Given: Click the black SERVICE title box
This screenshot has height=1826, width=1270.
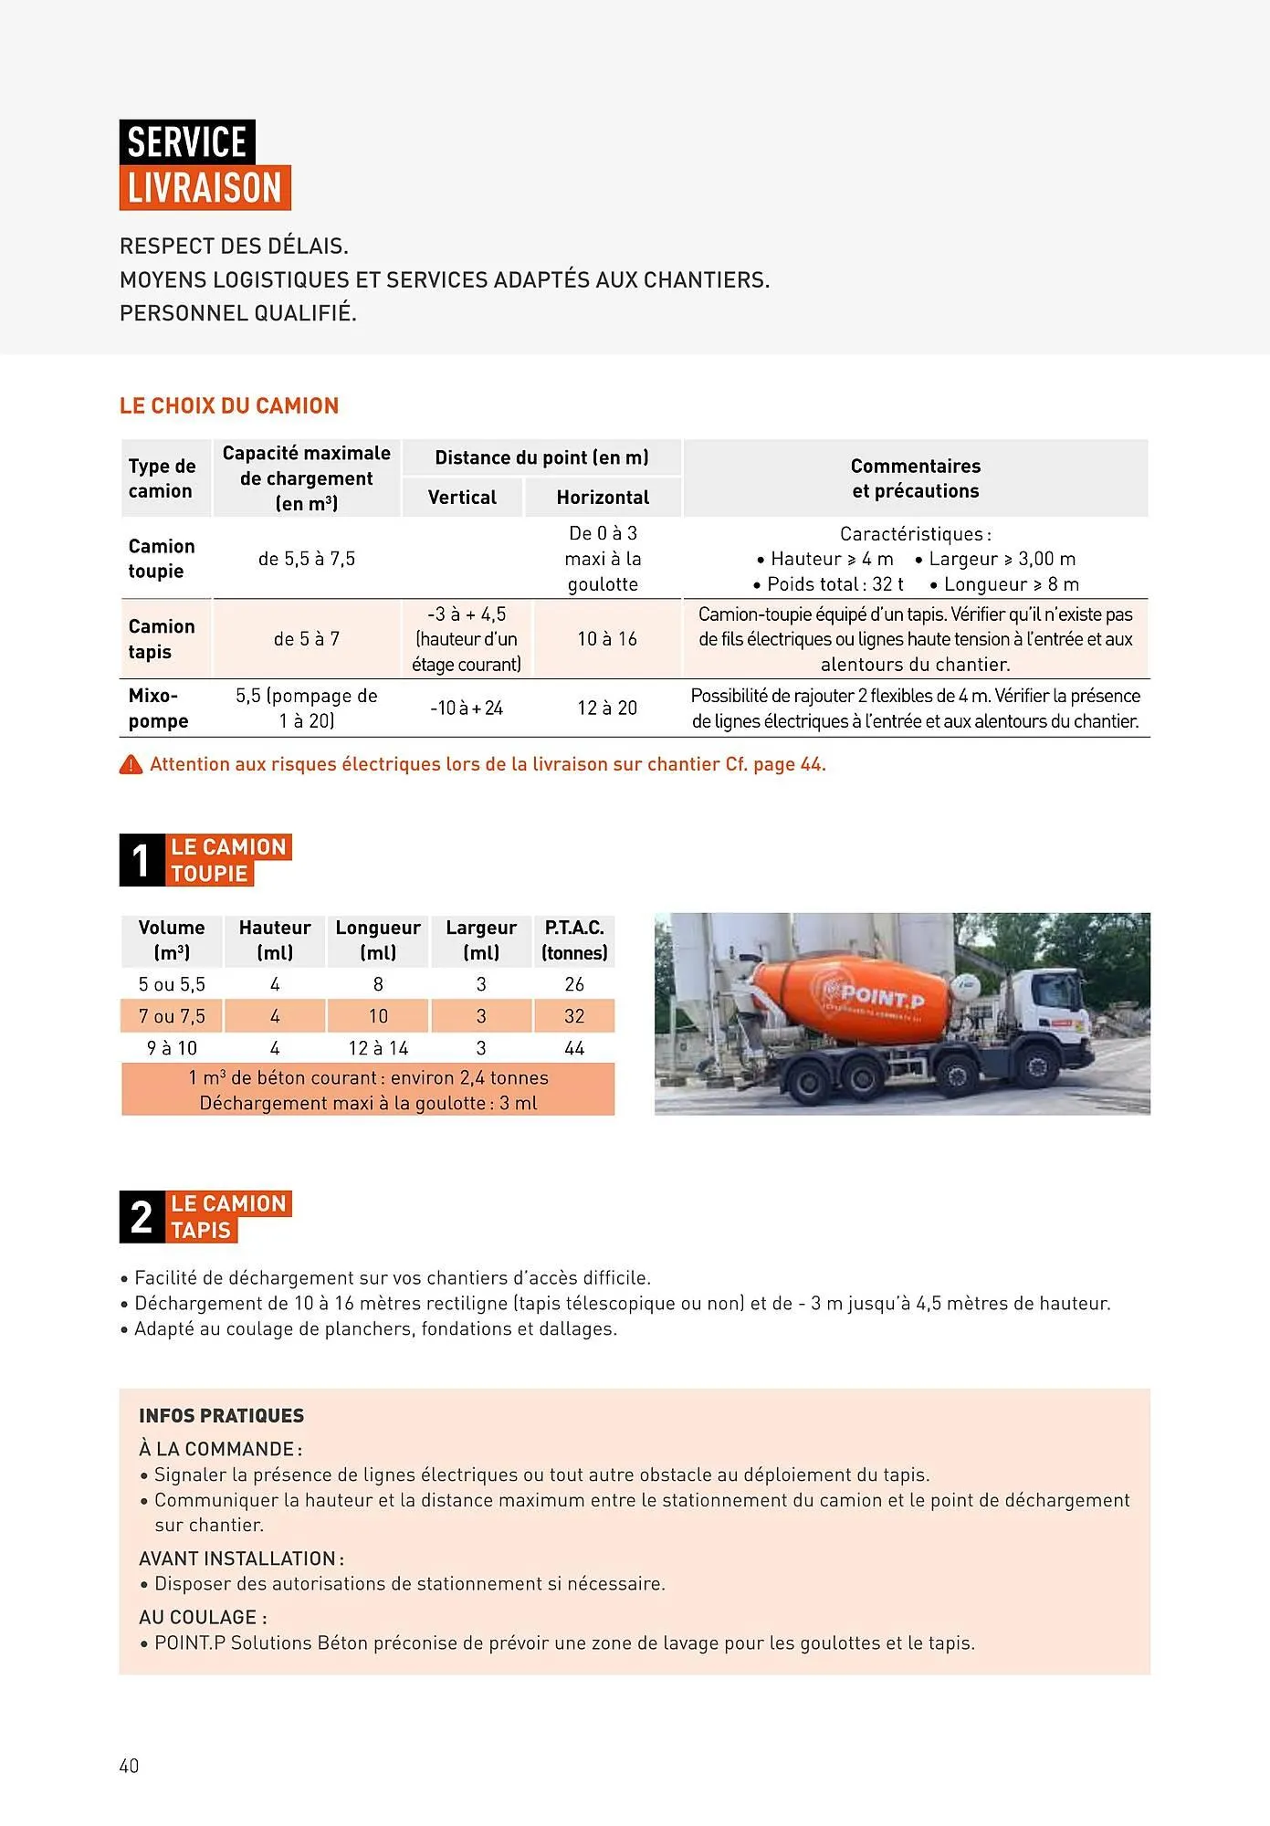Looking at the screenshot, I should [x=187, y=142].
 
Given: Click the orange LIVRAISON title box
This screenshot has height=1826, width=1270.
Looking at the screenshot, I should [x=205, y=188].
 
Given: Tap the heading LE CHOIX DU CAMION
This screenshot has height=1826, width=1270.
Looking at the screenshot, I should [x=229, y=406].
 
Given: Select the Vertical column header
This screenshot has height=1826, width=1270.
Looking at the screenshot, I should [x=462, y=498].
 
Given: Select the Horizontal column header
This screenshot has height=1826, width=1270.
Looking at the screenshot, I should [x=603, y=498].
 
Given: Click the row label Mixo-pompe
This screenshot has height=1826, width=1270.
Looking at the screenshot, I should [x=159, y=708].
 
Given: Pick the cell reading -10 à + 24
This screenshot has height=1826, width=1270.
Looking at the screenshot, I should [x=467, y=708].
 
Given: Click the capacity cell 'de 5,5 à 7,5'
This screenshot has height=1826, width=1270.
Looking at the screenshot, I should [x=307, y=559].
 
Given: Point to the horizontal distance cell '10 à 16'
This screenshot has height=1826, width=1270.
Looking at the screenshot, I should [x=607, y=639].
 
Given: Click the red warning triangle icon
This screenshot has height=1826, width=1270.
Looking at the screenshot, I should [x=131, y=765].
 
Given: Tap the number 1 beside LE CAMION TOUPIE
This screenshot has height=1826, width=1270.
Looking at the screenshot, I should [x=141, y=860].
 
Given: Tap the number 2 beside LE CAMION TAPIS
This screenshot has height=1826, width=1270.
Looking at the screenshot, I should [x=142, y=1217].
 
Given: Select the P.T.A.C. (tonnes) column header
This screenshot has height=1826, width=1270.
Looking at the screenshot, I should [x=574, y=940].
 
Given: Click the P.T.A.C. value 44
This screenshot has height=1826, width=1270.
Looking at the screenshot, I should [x=574, y=1048].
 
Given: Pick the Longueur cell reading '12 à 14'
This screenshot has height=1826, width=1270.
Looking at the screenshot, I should [x=378, y=1048].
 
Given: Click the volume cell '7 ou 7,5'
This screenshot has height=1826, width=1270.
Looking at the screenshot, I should [x=172, y=1016].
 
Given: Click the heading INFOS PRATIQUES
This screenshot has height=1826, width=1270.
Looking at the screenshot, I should [x=222, y=1416].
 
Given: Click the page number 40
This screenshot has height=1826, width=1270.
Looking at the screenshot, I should [x=129, y=1766].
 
